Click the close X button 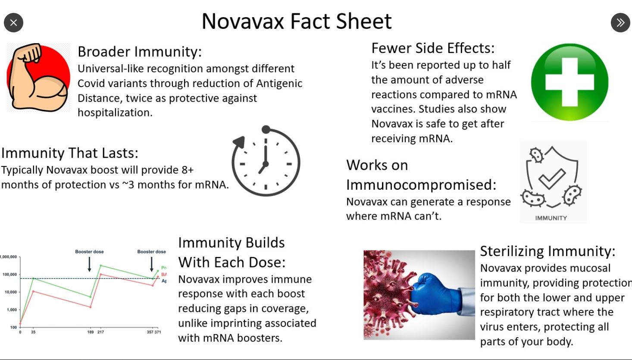(13, 22)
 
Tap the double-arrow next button (620, 22)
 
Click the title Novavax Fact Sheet (297, 21)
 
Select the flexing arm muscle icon (38, 78)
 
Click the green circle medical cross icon (569, 82)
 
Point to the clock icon (266, 162)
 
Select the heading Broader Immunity (139, 52)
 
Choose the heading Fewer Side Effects (433, 48)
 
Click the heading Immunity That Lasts (70, 153)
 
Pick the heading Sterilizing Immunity (548, 251)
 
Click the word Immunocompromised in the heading (421, 185)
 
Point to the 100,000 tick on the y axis (9, 275)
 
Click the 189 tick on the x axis (91, 332)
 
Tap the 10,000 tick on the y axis (11, 292)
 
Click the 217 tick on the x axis (100, 332)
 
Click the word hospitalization (114, 113)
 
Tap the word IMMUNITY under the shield (551, 218)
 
